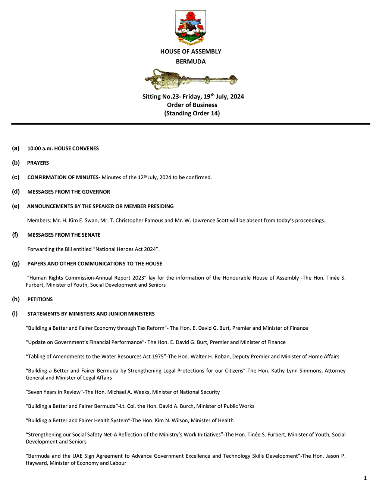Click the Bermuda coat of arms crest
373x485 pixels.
click(x=191, y=27)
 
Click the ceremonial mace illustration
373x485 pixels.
click(x=191, y=78)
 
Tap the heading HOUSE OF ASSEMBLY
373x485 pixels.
click(x=191, y=52)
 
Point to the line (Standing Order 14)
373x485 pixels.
click(x=192, y=113)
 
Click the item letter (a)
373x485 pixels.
click(x=16, y=148)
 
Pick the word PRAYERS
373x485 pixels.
click(x=38, y=163)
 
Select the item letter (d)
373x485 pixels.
click(x=16, y=192)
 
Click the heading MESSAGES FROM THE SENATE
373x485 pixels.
click(x=64, y=235)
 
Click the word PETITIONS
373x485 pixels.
click(x=40, y=299)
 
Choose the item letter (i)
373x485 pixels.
click(x=15, y=314)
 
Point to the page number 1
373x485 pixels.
click(x=365, y=478)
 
